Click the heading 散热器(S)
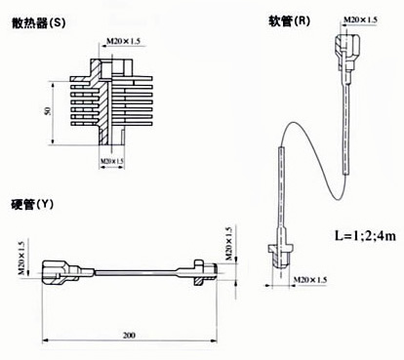click(x=38, y=23)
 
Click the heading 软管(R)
click(x=289, y=21)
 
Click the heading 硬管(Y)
click(x=32, y=205)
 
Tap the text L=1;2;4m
click(x=365, y=235)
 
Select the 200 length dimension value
click(x=129, y=335)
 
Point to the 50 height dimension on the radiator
click(x=48, y=111)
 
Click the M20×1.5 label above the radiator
click(x=123, y=41)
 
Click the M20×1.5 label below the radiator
click(x=112, y=161)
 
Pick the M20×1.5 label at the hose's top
click(x=360, y=20)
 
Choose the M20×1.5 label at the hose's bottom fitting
click(x=310, y=280)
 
